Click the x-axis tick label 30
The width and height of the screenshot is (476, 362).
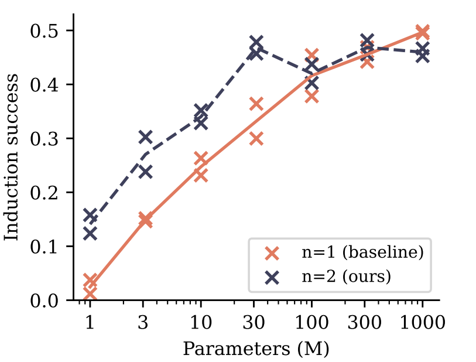(256, 322)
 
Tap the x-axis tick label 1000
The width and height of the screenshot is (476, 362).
(422, 322)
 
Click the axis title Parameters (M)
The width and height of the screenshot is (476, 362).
(256, 349)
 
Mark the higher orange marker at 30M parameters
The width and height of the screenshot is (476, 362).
(256, 104)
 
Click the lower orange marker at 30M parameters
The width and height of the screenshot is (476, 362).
(256, 139)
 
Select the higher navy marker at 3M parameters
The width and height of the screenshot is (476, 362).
(145, 138)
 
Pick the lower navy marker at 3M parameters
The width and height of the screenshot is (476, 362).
(145, 172)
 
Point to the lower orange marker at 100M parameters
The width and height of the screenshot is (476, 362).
(311, 97)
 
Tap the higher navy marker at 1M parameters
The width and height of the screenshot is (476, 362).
(90, 216)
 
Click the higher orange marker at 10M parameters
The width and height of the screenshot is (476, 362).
(201, 159)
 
